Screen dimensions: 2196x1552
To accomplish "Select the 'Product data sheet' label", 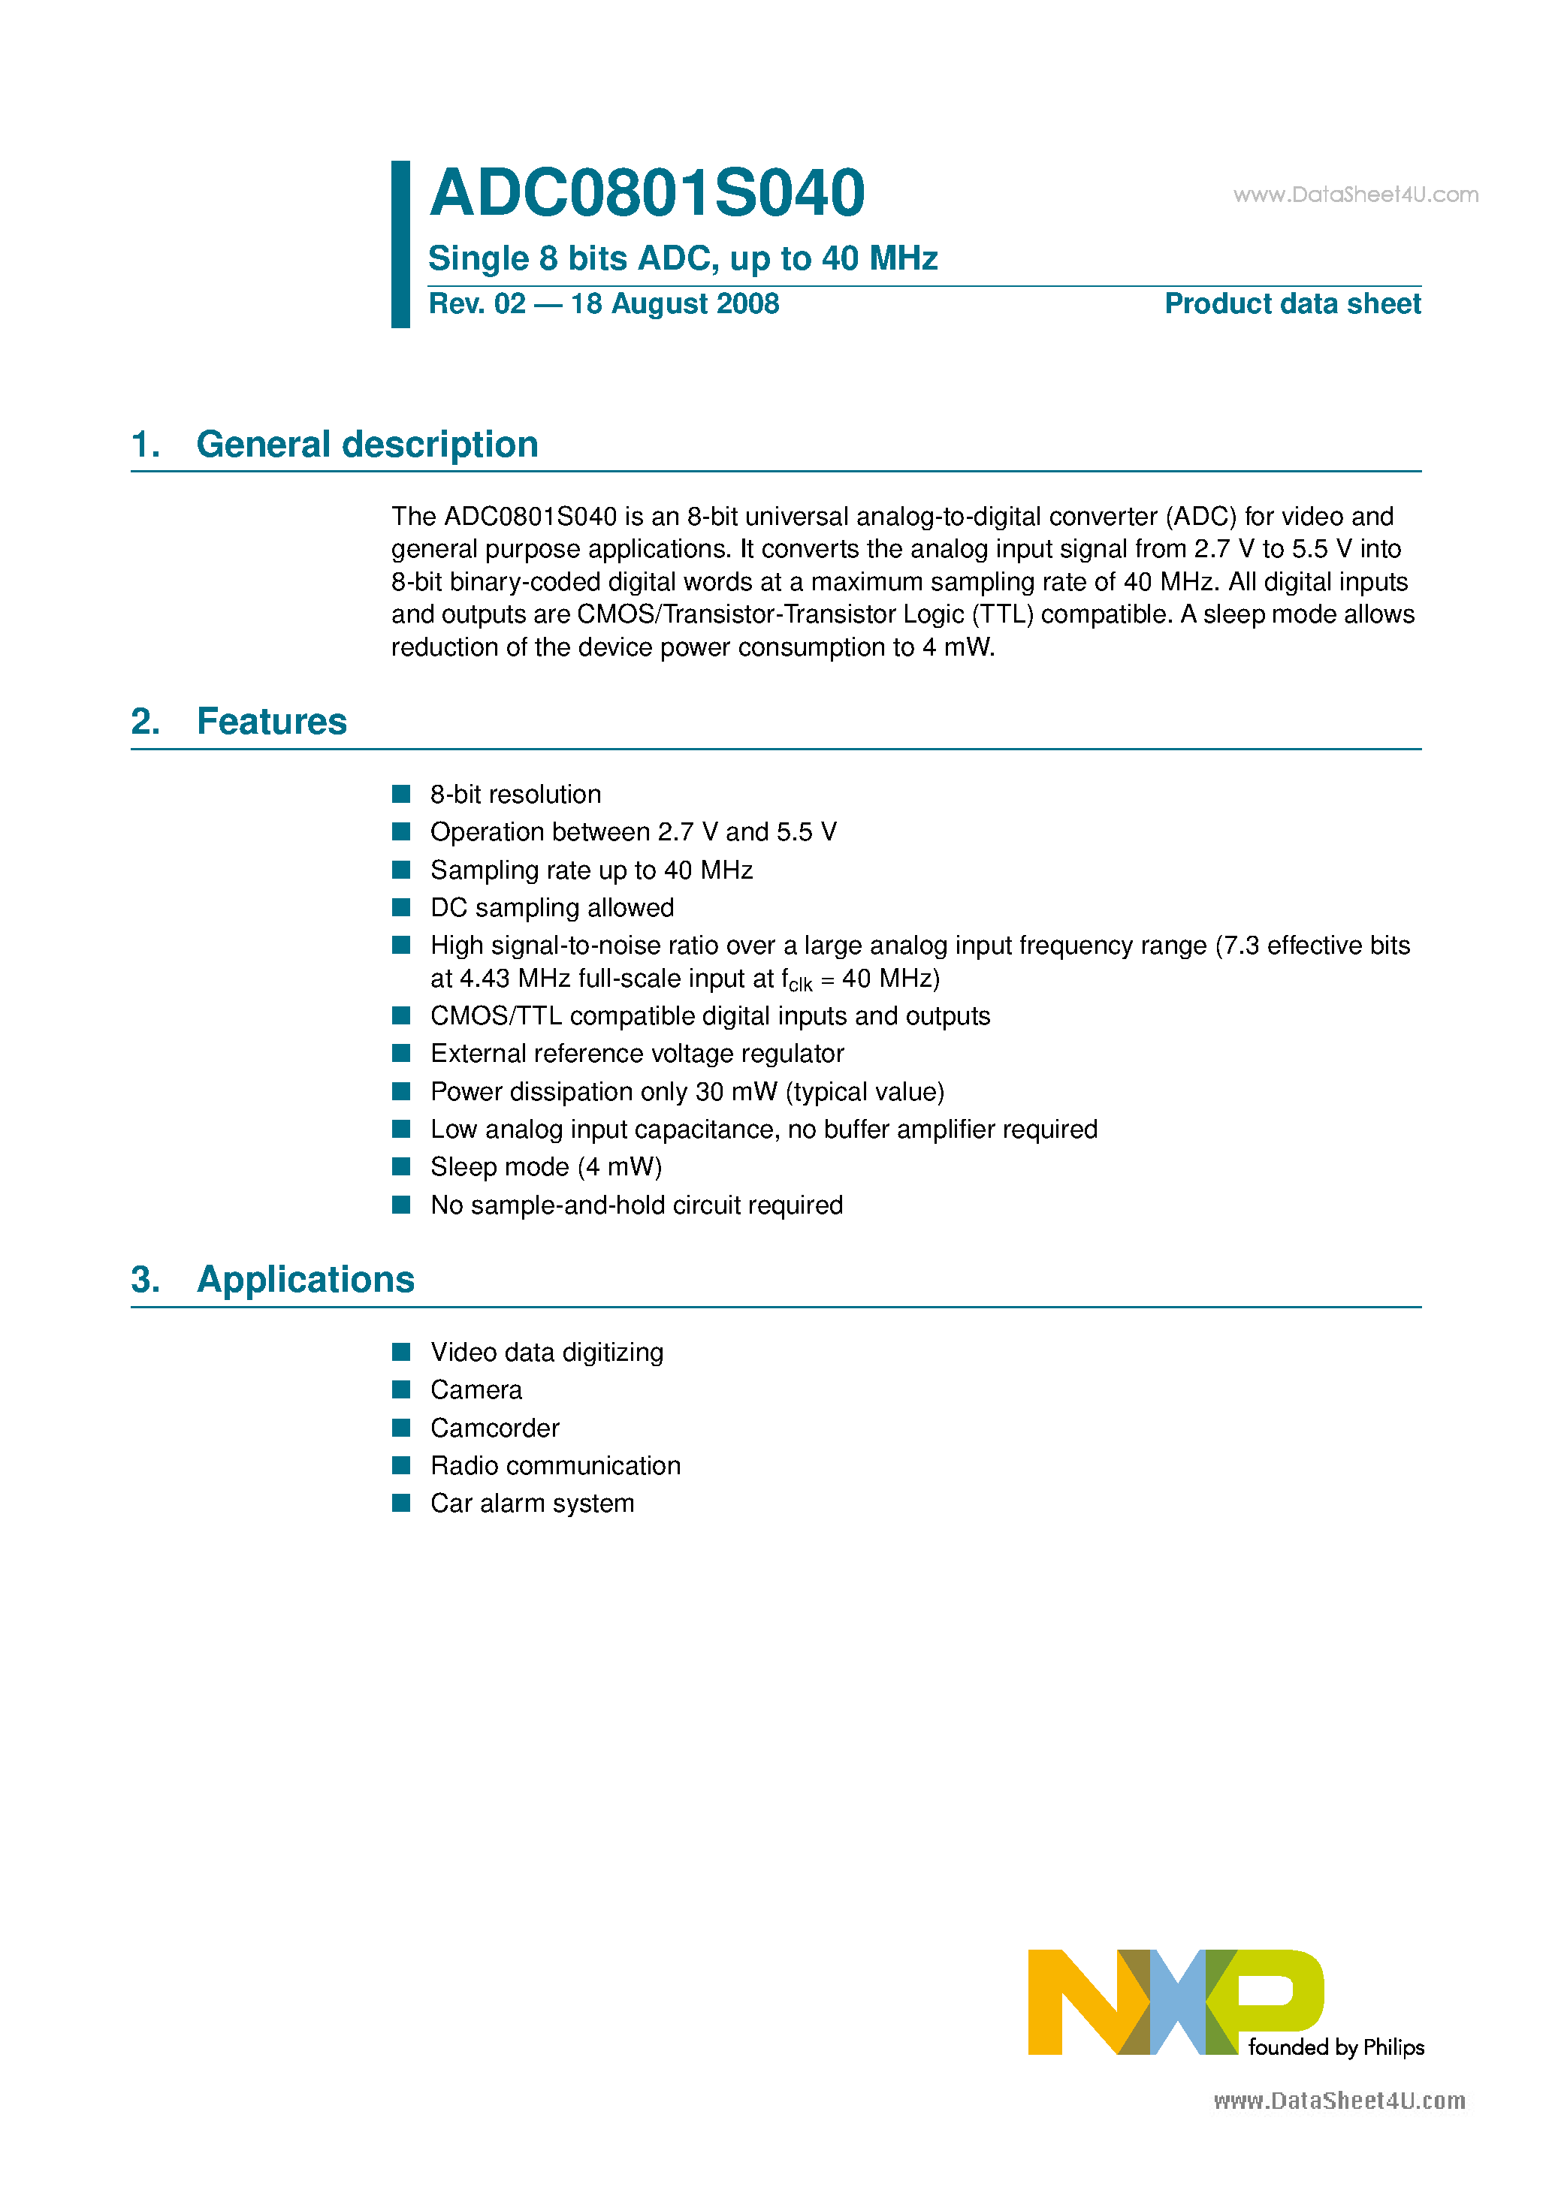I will pyautogui.click(x=1292, y=304).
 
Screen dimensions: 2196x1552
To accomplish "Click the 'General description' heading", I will pyautogui.click(x=367, y=445).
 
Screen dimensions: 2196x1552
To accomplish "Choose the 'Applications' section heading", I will pyautogui.click(x=305, y=1280).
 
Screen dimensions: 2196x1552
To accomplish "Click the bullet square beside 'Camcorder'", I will pyautogui.click(x=402, y=1428).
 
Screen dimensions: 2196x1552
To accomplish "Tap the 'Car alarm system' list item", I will pyautogui.click(x=532, y=1504).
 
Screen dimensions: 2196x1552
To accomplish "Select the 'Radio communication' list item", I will pyautogui.click(x=555, y=1466).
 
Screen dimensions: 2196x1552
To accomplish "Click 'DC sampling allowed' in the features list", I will pyautogui.click(x=552, y=908).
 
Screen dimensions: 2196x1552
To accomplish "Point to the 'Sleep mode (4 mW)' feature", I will pyautogui.click(x=545, y=1167).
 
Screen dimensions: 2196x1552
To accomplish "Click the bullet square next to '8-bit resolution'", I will pyautogui.click(x=402, y=794).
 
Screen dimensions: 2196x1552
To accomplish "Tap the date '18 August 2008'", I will pyautogui.click(x=675, y=304).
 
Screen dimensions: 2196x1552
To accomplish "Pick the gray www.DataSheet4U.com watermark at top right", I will pyautogui.click(x=1355, y=195).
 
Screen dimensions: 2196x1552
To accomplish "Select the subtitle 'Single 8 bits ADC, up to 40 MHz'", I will pyautogui.click(x=682, y=258).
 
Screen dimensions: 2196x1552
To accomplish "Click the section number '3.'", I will pyautogui.click(x=146, y=1280).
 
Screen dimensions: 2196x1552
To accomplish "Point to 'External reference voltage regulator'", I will pyautogui.click(x=637, y=1054).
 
